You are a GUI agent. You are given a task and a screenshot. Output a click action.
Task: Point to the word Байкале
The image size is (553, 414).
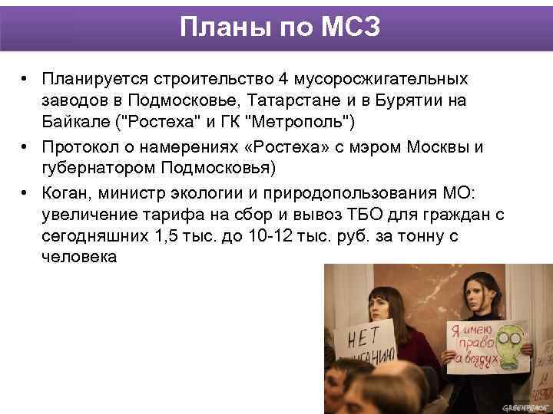pyautogui.click(x=76, y=122)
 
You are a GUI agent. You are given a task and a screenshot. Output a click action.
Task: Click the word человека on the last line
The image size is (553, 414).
pyautogui.click(x=79, y=257)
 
